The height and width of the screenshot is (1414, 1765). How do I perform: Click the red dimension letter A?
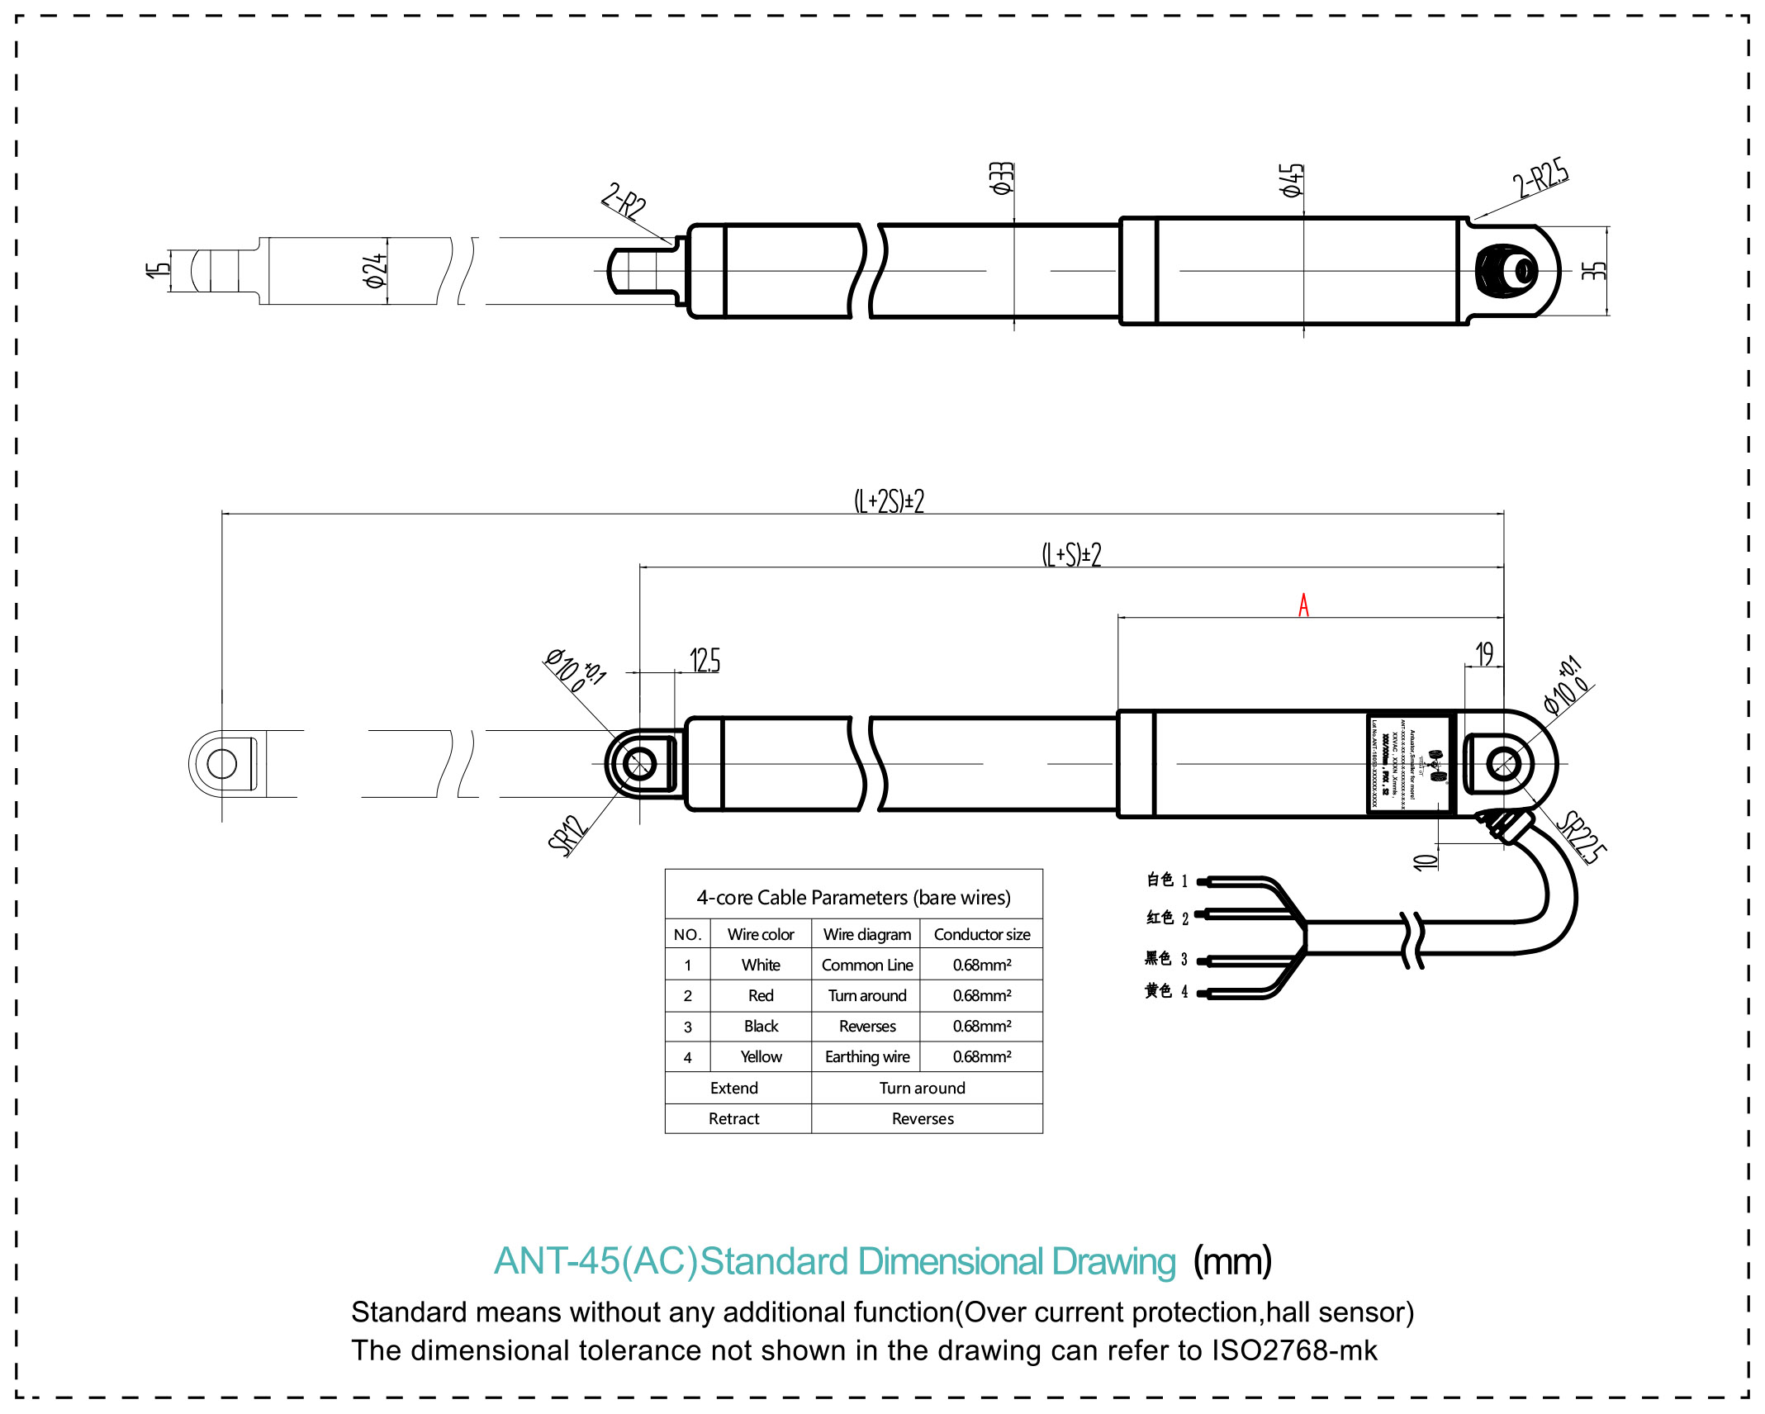click(1303, 605)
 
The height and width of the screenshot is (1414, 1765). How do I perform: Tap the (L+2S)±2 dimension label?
click(889, 501)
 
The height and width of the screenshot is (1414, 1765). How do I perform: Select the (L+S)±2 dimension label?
click(1071, 554)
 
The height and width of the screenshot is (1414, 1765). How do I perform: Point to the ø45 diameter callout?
click(1291, 180)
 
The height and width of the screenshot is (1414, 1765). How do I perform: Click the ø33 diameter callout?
click(1001, 178)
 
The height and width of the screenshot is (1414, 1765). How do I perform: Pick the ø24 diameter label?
click(375, 270)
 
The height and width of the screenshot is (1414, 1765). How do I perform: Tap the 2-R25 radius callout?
click(1540, 176)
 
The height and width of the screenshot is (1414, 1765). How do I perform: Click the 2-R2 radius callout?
click(624, 200)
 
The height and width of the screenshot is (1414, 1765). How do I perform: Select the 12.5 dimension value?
click(705, 660)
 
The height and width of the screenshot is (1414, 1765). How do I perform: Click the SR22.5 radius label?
click(1582, 836)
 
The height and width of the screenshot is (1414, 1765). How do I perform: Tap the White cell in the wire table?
click(761, 965)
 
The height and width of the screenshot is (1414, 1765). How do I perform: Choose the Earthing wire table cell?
click(867, 1056)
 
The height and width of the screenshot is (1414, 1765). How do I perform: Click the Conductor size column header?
click(982, 934)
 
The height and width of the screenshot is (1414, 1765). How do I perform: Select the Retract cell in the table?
click(733, 1118)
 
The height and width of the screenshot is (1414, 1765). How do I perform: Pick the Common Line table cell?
click(867, 965)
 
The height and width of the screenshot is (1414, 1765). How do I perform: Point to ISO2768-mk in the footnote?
click(1294, 1350)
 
